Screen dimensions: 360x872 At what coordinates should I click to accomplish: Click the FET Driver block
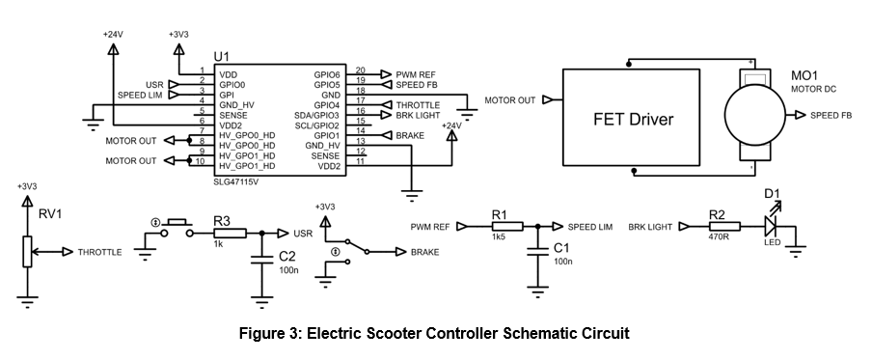click(x=632, y=120)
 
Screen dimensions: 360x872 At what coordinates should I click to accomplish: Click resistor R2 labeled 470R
click(x=723, y=227)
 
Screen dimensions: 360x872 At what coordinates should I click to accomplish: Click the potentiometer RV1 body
click(x=27, y=252)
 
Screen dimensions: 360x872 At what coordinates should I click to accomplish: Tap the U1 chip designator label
click(x=222, y=59)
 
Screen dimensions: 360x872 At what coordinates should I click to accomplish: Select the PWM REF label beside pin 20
click(x=417, y=73)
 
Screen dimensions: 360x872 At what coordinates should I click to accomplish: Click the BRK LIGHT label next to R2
click(x=650, y=227)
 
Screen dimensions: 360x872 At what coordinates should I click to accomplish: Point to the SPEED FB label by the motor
click(x=831, y=116)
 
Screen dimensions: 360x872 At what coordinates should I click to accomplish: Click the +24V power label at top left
click(x=113, y=35)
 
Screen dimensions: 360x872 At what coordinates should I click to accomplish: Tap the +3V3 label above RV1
click(x=27, y=186)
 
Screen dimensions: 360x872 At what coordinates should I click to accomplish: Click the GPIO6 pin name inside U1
click(x=327, y=74)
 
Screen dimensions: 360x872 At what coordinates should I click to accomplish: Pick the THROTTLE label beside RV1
click(x=99, y=252)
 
